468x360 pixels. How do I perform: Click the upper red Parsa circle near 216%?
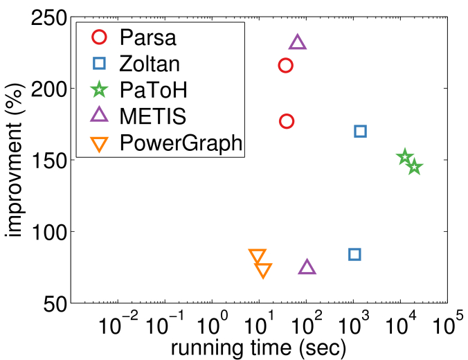coord(285,65)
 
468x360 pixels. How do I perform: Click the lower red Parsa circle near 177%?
coord(287,121)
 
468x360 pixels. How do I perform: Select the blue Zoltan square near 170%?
coord(360,131)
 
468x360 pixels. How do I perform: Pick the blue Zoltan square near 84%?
coord(354,254)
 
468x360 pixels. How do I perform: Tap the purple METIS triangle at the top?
coord(298,43)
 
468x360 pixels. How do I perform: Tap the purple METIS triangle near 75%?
coord(307,268)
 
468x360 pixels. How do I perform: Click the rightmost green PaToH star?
coord(414,167)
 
